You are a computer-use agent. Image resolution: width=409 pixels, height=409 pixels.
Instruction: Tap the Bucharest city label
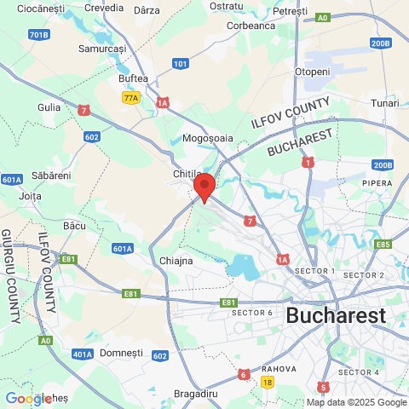pos(335,315)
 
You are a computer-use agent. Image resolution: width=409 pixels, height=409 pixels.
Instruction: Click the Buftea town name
pos(133,78)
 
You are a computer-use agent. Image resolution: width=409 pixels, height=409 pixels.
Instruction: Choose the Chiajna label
pos(176,260)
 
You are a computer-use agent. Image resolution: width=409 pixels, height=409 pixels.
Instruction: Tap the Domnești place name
pos(122,352)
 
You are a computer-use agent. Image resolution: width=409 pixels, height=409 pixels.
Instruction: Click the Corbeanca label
pos(251,26)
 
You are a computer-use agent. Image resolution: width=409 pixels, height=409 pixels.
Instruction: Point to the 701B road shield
pos(38,35)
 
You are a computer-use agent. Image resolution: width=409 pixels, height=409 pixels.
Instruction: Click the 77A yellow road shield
pos(130,98)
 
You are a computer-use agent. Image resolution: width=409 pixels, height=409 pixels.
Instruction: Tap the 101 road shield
pos(180,63)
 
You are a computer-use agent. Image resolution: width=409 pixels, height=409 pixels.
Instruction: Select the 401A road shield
pos(83,354)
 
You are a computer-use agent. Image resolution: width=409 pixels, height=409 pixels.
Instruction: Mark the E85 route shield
pos(383,245)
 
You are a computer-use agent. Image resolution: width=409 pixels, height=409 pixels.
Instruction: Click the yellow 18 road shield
pos(268,383)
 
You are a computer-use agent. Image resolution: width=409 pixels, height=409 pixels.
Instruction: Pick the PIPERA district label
pos(376,182)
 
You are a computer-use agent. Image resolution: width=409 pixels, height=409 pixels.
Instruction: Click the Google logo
pos(28,399)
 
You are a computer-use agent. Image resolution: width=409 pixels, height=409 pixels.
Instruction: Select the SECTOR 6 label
pos(251,313)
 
